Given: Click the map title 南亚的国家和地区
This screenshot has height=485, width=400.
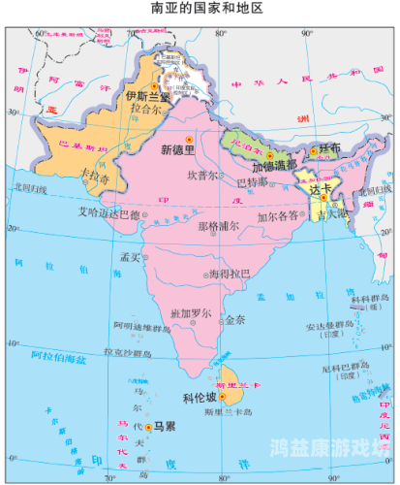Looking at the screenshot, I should point(200,9).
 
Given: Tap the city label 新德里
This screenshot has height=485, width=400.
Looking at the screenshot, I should point(178,149).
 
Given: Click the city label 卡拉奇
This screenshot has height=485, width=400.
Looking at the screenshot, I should point(93,178).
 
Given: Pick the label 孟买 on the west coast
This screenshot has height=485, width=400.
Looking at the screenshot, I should point(130,258).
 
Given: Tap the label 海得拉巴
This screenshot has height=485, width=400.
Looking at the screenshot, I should point(231,275).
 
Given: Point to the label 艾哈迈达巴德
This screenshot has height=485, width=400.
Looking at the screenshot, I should point(108,214).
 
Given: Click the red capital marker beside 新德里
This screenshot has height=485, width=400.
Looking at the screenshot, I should point(190,138).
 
